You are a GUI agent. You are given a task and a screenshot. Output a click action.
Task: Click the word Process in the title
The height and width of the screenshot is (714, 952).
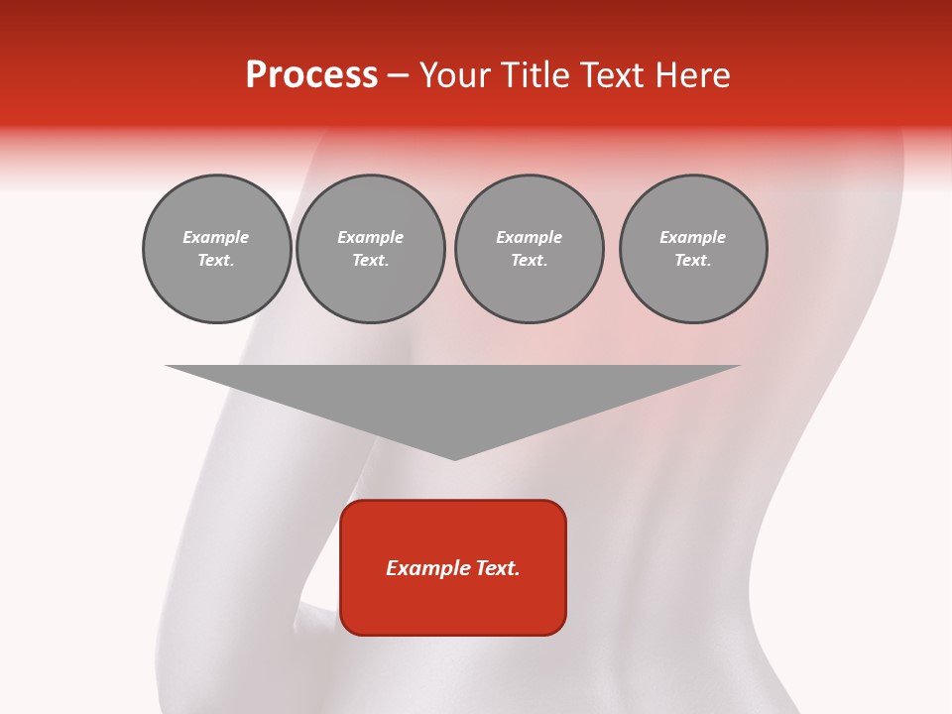pos(311,75)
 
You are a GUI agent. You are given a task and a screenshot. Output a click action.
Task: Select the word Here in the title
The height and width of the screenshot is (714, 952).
pos(692,75)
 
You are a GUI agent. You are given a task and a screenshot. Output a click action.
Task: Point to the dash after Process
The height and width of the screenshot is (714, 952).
pos(398,76)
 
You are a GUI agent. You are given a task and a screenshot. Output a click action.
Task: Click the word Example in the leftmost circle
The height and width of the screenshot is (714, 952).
pos(216,237)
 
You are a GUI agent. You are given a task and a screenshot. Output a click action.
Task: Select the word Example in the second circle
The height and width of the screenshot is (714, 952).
pos(371,237)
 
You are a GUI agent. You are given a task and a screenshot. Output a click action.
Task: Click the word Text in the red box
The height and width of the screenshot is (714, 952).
pos(498,568)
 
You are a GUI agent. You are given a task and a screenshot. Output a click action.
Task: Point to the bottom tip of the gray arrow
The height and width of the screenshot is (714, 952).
pos(454,457)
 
